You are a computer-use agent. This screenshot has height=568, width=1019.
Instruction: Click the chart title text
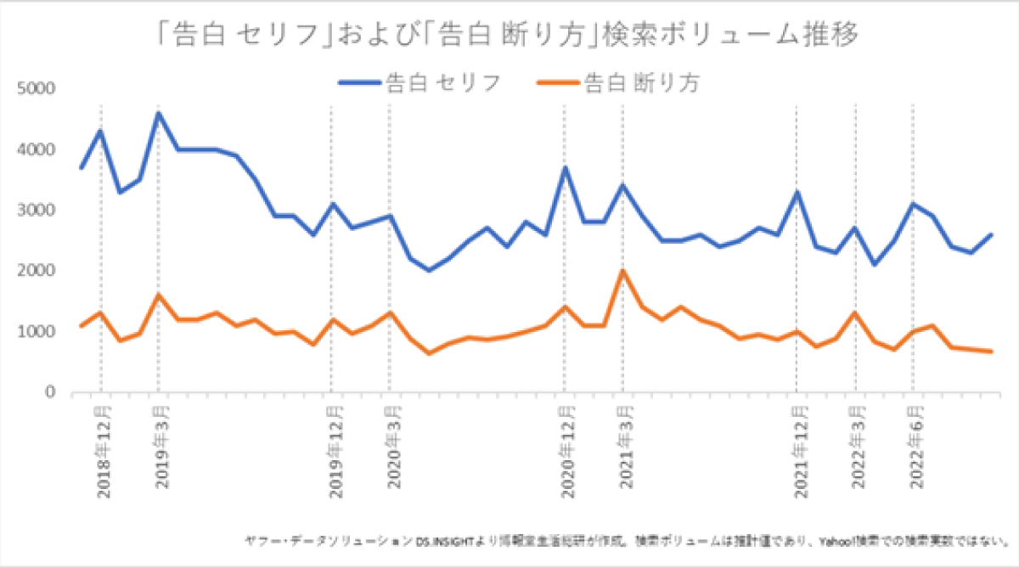click(509, 35)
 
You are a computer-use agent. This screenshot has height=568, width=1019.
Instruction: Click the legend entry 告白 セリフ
click(419, 82)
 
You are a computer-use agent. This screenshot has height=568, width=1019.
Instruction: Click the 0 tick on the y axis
click(49, 393)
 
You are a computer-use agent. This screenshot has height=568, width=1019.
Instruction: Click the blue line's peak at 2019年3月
click(159, 113)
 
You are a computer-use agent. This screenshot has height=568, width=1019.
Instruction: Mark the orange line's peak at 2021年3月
click(622, 271)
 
